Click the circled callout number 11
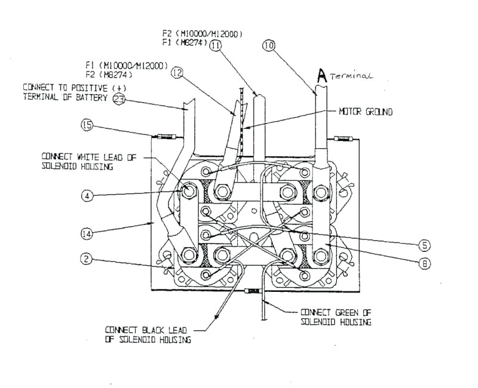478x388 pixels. pyautogui.click(x=215, y=45)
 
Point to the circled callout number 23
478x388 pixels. pyautogui.click(x=119, y=100)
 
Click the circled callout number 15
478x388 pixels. pyautogui.click(x=88, y=125)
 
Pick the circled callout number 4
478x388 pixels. pyautogui.click(x=88, y=195)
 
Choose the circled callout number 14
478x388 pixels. pyautogui.click(x=88, y=235)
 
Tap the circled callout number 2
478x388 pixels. pyautogui.click(x=88, y=259)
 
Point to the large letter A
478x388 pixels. pyautogui.click(x=322, y=75)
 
